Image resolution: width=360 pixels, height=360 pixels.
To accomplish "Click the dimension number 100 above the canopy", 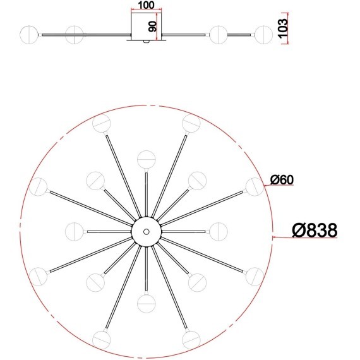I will tap(145, 5).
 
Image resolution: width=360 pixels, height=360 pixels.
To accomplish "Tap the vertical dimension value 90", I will tap(152, 26).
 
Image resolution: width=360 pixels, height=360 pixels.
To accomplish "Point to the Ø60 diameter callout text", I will tap(282, 179).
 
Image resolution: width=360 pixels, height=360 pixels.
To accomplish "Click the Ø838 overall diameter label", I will tap(314, 231).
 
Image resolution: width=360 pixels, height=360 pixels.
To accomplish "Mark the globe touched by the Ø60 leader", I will tap(254, 186).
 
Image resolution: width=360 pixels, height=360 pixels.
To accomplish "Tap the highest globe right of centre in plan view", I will tap(191, 123).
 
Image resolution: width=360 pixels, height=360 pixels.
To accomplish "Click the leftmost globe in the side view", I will tap(29, 34).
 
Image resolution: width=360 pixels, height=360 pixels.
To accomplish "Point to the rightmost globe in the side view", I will tap(263, 34).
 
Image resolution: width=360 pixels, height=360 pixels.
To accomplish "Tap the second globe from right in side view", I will tap(219, 34).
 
